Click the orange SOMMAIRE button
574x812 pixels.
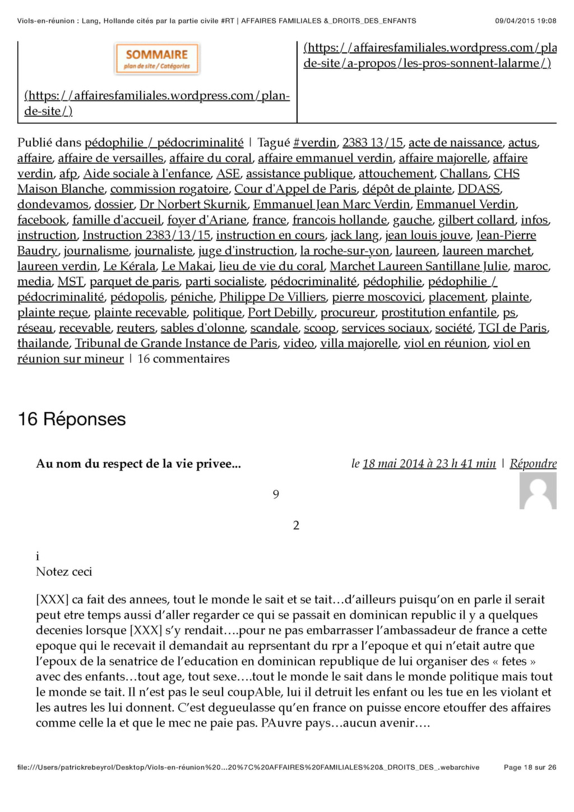click(157, 59)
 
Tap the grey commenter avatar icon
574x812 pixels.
click(538, 491)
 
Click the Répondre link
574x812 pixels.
click(533, 464)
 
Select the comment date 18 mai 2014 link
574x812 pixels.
click(429, 464)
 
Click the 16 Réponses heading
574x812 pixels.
click(72, 419)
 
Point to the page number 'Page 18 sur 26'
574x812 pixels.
click(530, 767)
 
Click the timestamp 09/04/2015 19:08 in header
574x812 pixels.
click(525, 21)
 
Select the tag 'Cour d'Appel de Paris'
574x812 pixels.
click(295, 189)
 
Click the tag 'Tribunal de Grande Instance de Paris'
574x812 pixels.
click(177, 343)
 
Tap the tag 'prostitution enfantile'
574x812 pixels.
click(439, 312)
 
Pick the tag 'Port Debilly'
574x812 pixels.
click(281, 312)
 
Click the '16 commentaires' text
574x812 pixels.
click(183, 359)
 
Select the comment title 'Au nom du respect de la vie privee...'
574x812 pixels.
click(138, 464)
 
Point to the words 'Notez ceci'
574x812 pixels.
click(64, 572)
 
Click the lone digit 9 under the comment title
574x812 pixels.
click(276, 495)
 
